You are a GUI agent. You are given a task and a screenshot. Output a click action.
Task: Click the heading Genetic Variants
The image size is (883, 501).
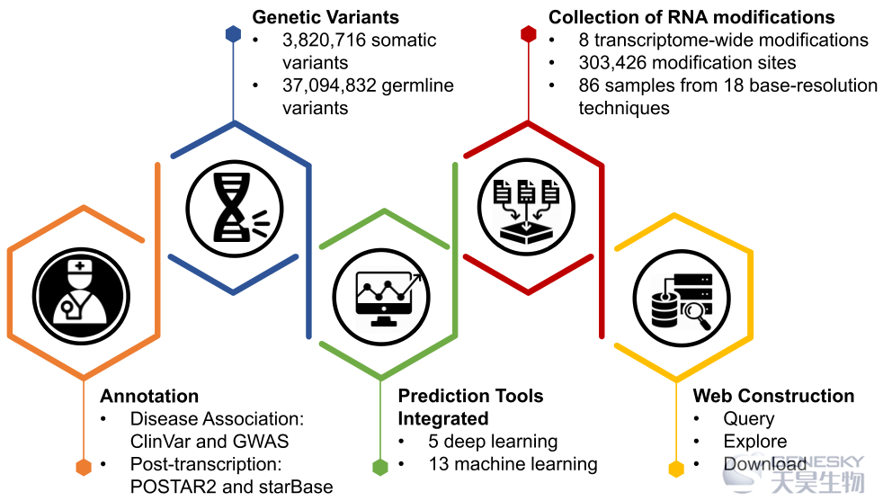pos(326,17)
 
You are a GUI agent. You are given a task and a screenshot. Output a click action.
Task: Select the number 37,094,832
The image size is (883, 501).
pos(329,85)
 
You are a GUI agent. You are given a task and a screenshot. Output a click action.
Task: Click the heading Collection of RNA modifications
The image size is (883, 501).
pos(691,17)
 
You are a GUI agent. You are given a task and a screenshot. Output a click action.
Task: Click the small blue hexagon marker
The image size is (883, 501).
pos(233,34)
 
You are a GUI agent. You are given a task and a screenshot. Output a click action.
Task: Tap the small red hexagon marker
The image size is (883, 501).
pos(528,34)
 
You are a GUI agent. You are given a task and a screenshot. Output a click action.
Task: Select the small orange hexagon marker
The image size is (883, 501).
pos(84,467)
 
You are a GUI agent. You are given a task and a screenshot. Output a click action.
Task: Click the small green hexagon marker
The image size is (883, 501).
pos(380,467)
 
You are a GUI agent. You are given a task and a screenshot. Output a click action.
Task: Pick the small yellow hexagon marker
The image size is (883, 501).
pos(676,469)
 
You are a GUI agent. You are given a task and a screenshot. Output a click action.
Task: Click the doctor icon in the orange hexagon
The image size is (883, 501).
pos(81,297)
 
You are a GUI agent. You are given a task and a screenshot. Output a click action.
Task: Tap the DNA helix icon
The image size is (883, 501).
pos(235,209)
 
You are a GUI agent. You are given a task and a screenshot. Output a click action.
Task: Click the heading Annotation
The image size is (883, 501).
pos(149,396)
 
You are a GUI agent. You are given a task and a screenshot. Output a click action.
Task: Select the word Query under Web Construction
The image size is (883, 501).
pos(749,419)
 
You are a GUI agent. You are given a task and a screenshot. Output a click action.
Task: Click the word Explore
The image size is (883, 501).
pos(755,442)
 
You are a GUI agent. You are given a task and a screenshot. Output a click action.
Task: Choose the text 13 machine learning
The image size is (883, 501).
pos(513,464)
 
